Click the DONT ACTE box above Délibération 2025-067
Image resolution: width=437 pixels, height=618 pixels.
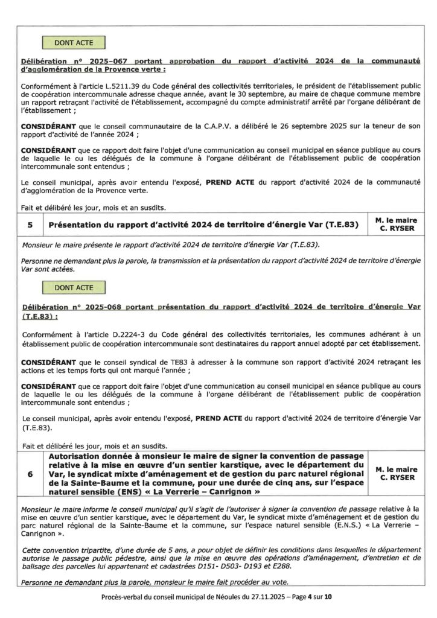coord(72,43)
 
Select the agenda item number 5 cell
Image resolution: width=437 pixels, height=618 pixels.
coord(30,226)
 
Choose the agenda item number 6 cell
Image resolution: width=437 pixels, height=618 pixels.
coord(30,474)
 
